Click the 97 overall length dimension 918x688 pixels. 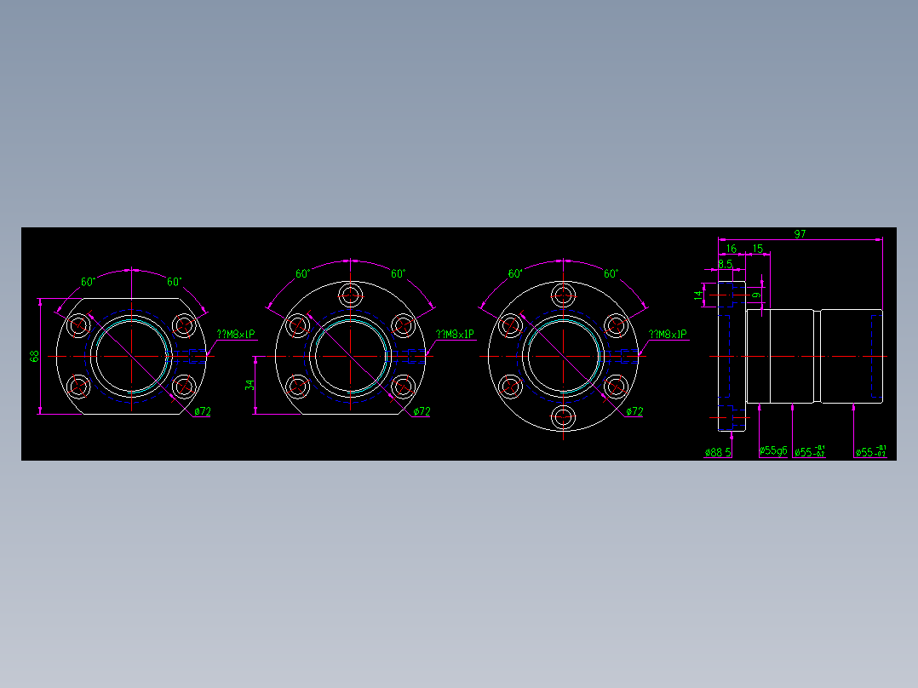(800, 234)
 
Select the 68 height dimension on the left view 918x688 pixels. (35, 356)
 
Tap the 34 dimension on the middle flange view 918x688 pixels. (249, 385)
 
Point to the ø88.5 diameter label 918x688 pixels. (718, 452)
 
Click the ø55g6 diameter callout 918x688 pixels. (773, 451)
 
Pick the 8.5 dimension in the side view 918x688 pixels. (725, 264)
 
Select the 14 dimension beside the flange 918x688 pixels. (699, 295)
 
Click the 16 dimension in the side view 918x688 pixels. (730, 249)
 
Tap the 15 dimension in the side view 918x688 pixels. (758, 249)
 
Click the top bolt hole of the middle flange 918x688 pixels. (350, 295)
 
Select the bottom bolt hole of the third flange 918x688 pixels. (562, 417)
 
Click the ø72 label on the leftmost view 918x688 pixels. (203, 411)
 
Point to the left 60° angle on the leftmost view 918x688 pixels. (88, 282)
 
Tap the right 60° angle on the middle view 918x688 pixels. (398, 274)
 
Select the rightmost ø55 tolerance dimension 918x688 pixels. (870, 452)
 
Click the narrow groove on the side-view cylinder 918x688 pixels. (817, 356)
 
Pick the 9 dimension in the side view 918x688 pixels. (755, 295)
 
